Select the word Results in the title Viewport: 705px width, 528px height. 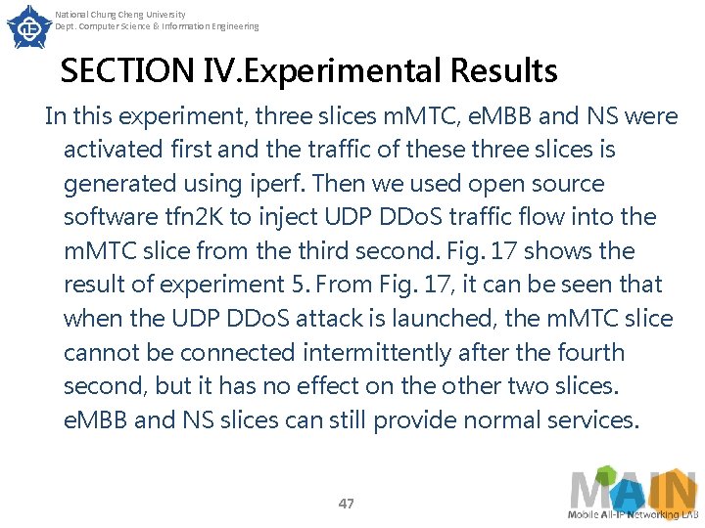[503, 71]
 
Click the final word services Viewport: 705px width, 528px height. [591, 420]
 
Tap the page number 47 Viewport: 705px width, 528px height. [346, 504]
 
